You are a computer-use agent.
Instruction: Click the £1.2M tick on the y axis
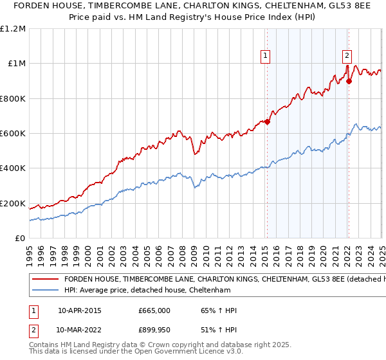coord(13,29)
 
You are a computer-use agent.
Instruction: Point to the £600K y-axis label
coord(13,134)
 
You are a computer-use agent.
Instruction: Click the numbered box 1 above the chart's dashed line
coord(266,56)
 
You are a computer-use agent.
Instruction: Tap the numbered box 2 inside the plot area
coord(347,56)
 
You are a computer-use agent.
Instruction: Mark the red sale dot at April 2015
coord(268,122)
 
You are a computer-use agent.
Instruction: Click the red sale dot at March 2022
coord(349,81)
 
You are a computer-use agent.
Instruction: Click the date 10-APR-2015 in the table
coord(80,310)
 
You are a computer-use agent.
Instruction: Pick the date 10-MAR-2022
coord(80,328)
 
